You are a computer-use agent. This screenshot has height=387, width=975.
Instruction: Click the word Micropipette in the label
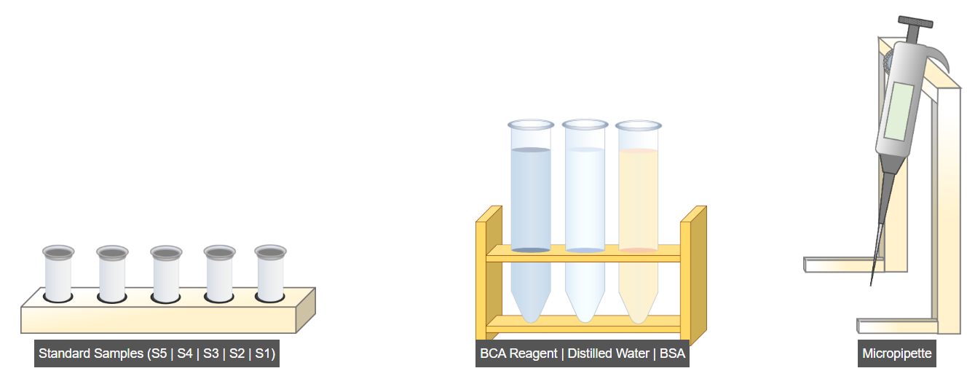(896, 354)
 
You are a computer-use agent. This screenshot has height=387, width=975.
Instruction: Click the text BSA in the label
(668, 354)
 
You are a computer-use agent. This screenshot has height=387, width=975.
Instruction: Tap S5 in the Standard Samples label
(158, 354)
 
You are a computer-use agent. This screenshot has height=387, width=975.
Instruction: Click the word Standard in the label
(65, 354)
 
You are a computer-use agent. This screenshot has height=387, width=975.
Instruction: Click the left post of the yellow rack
(481, 277)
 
